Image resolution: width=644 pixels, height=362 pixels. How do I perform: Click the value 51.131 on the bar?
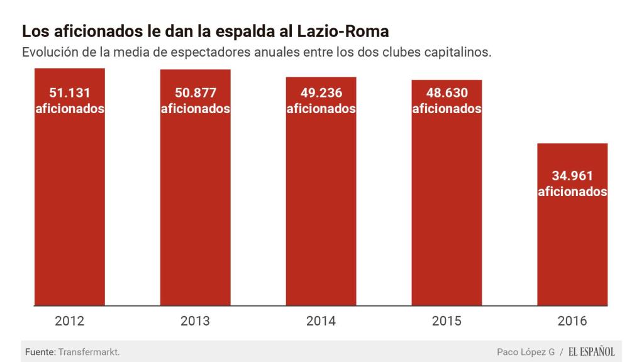(70, 93)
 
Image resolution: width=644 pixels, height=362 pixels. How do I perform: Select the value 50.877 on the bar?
(196, 93)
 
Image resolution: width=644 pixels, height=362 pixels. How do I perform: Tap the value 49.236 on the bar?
(321, 93)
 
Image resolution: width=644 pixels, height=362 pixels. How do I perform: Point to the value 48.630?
(447, 93)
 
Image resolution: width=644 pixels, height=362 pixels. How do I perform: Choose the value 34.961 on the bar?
(573, 176)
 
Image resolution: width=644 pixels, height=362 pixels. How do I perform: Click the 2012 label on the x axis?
(70, 321)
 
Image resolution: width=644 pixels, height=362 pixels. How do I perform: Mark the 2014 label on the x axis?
(321, 321)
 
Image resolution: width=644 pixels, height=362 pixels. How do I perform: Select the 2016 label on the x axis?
(572, 321)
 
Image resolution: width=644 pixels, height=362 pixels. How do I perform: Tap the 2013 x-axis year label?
(195, 321)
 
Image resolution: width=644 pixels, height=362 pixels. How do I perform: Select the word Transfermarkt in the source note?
(88, 352)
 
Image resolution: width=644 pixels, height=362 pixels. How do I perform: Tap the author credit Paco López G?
(526, 352)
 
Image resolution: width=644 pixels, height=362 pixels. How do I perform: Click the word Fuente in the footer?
(40, 352)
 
